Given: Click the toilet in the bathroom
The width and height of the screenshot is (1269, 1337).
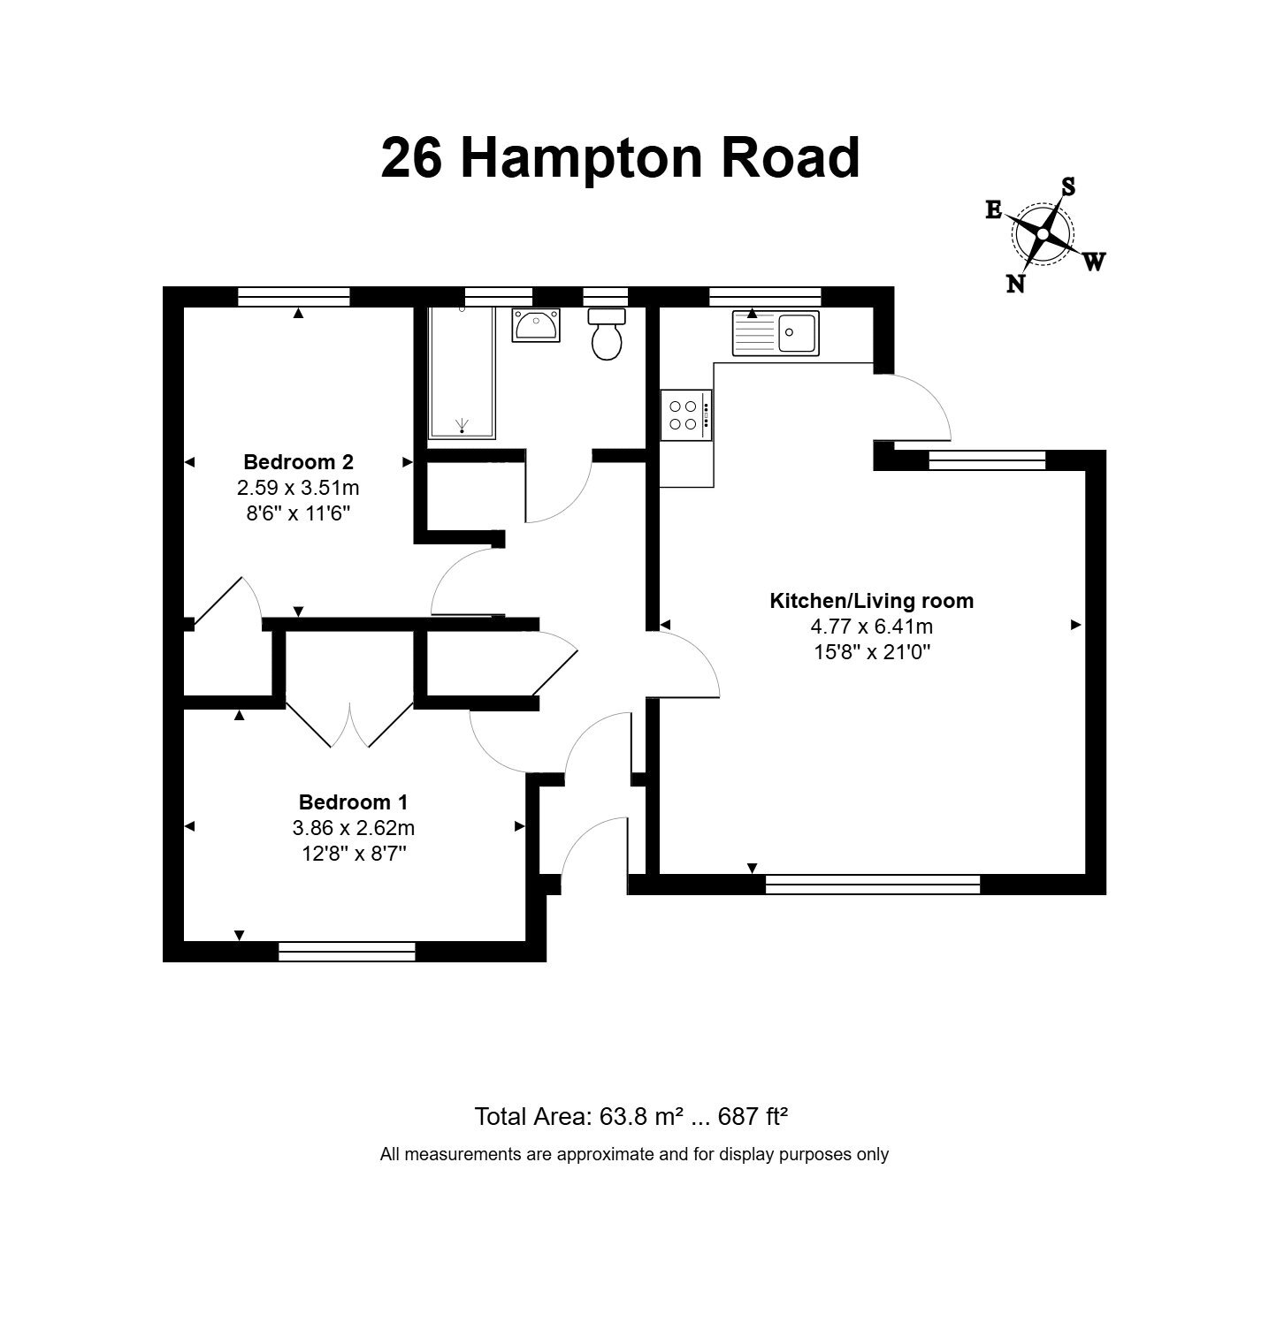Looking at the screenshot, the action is click(607, 333).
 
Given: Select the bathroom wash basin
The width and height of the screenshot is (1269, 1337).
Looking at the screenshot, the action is click(536, 324).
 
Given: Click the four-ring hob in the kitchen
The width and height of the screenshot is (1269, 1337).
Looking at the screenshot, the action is click(685, 415).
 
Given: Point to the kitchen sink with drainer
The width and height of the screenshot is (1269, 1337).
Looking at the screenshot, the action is click(776, 333).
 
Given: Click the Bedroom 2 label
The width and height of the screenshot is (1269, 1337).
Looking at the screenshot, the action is click(299, 461).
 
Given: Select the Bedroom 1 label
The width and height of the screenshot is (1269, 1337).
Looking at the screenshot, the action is click(354, 802).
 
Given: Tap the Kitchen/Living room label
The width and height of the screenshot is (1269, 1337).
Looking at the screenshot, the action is click(872, 601).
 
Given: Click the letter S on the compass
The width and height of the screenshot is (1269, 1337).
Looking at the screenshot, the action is click(1068, 186).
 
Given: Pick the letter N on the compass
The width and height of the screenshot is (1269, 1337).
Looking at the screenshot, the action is click(1016, 283).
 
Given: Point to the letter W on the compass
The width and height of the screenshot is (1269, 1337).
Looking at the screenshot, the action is click(1094, 262).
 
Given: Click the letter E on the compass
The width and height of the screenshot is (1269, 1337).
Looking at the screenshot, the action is click(993, 209).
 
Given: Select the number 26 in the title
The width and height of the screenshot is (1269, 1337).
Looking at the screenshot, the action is click(412, 158).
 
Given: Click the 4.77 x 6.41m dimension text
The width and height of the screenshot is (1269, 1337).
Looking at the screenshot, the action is click(872, 627).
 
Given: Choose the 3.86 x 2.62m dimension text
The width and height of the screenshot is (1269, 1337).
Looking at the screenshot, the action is click(354, 828).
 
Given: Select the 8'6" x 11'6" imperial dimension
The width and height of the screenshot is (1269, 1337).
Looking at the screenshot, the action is click(299, 513).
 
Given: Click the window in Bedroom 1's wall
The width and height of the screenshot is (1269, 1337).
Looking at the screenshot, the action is click(347, 952).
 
